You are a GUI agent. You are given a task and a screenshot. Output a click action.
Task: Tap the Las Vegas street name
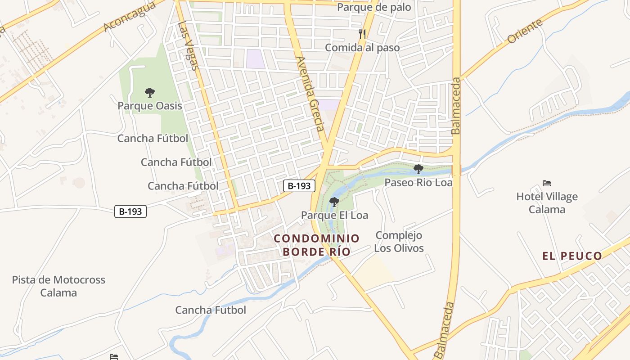[188, 46]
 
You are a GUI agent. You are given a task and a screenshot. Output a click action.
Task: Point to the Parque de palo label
[374, 7]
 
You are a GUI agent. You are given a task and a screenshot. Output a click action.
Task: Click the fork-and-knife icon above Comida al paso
[362, 34]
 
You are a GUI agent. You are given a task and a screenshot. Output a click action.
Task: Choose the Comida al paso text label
[362, 47]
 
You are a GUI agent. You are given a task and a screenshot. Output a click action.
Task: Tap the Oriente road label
[525, 32]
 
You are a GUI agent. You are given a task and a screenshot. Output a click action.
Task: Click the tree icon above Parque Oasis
[150, 93]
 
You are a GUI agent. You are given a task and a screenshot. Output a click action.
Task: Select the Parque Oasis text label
[150, 106]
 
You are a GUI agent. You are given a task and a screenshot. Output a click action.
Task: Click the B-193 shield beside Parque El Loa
[299, 185]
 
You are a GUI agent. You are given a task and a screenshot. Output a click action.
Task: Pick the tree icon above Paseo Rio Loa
[418, 169]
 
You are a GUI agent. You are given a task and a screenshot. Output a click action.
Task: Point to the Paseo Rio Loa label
[418, 182]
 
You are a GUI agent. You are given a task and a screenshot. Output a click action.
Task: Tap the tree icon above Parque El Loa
[334, 202]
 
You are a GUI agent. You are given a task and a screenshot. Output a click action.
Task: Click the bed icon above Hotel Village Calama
[547, 183]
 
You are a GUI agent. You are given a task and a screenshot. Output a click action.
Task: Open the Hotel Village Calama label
[547, 203]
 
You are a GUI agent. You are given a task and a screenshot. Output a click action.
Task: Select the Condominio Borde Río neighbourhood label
[316, 245]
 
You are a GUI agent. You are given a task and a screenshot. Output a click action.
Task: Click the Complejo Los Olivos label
[399, 242]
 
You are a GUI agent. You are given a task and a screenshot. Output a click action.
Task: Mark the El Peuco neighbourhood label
[572, 256]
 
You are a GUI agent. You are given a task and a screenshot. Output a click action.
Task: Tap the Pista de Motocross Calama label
[58, 286]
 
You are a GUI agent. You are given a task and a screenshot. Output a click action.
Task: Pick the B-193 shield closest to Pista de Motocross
[130, 211]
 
